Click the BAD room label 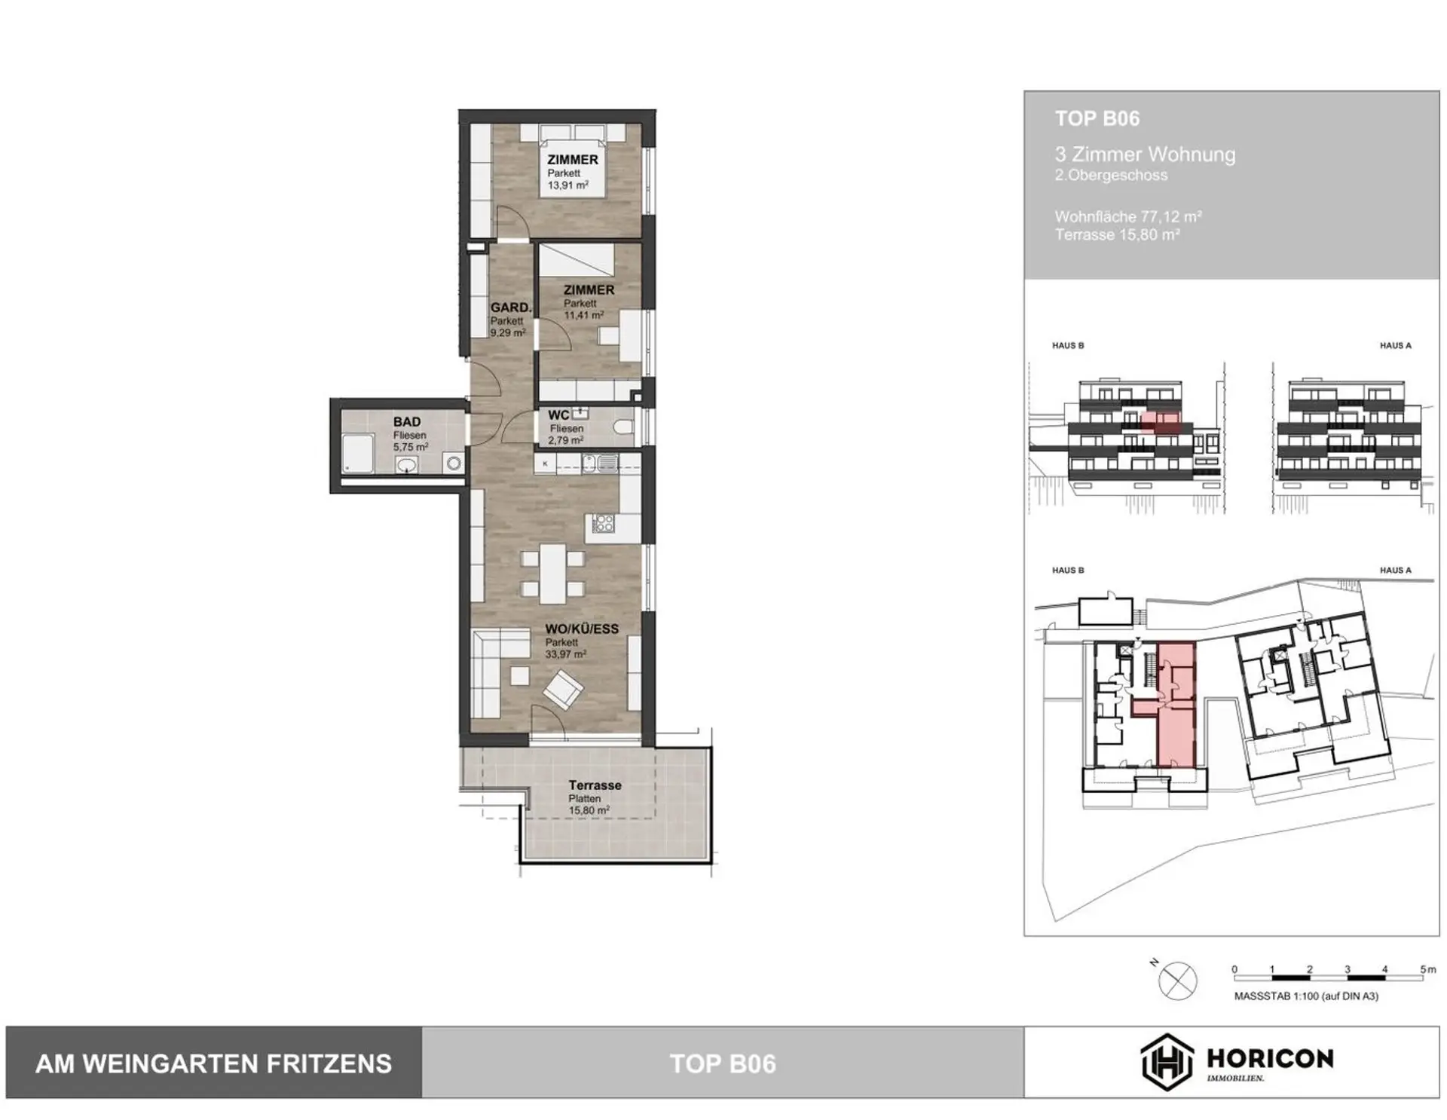[407, 422]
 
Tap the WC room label [558, 415]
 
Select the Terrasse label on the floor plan [595, 785]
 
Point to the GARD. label [511, 308]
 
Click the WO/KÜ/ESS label [582, 629]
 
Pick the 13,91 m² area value [568, 185]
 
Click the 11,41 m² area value [584, 315]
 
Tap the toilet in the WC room [623, 428]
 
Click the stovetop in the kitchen [603, 523]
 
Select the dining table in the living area [552, 574]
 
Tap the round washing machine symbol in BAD [454, 464]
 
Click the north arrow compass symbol [1177, 981]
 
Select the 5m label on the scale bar [1427, 969]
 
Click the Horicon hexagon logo [1167, 1062]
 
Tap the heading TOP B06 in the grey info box [1097, 118]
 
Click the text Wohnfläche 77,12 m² [1128, 216]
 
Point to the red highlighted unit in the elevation [1161, 422]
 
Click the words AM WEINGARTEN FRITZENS [214, 1063]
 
